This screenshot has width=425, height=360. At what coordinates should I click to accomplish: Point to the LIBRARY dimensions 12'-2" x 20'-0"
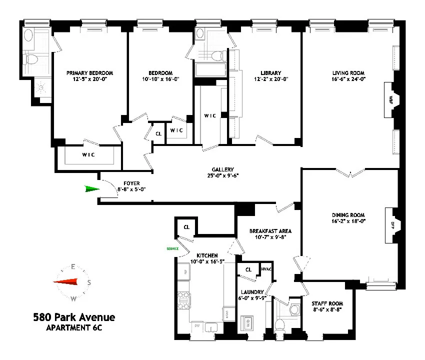tap(270, 79)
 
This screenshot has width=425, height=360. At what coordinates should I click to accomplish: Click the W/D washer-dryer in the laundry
tap(246, 324)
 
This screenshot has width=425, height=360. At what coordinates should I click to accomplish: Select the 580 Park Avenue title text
tap(73, 317)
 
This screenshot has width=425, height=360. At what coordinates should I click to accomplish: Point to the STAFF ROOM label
tap(327, 303)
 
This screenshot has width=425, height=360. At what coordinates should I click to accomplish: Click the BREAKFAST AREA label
tap(270, 231)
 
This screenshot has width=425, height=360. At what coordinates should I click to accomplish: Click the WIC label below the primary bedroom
tap(88, 154)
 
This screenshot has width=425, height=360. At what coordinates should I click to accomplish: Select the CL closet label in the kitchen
tap(186, 227)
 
